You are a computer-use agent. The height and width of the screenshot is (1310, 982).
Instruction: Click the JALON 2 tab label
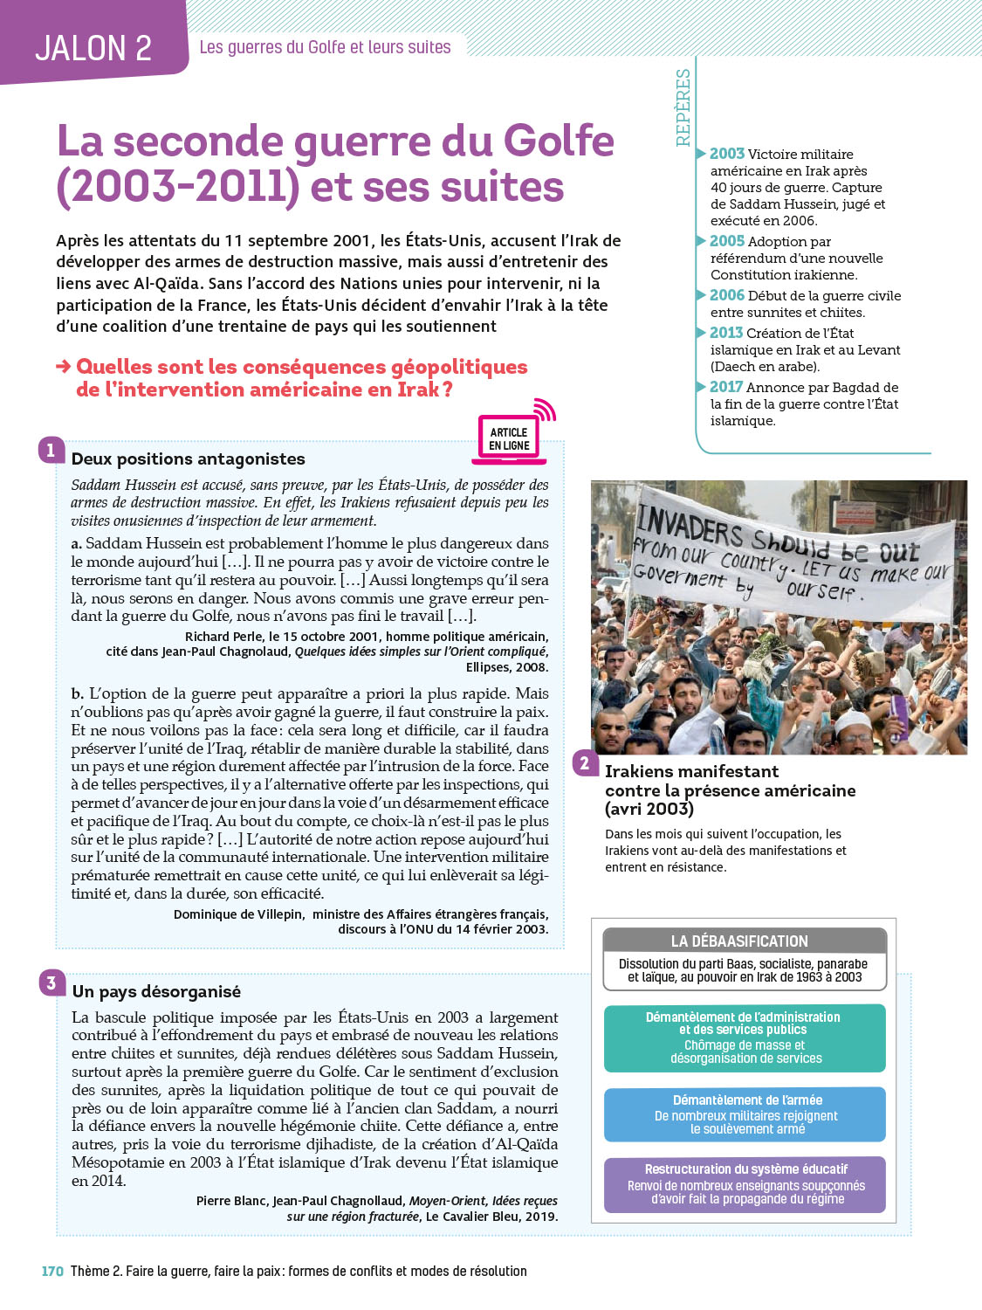93,48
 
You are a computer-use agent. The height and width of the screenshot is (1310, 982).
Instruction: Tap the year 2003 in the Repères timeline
726,154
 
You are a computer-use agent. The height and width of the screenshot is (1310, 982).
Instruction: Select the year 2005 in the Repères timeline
726,241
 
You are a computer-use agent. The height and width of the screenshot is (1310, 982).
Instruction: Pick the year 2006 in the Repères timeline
726,295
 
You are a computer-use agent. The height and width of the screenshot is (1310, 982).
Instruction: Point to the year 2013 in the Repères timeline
725,333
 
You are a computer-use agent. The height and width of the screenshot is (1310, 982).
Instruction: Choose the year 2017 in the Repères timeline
725,387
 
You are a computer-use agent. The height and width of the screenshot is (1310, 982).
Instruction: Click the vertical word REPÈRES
683,107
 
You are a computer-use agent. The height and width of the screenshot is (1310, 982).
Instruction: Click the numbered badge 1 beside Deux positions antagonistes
51,451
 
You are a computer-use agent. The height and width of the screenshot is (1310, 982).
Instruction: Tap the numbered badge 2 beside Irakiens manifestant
584,763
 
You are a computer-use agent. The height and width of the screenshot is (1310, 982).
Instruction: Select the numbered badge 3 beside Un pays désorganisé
52,982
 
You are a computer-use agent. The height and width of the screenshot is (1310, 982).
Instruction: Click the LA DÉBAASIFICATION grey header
744,941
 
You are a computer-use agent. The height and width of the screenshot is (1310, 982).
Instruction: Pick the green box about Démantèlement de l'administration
744,1038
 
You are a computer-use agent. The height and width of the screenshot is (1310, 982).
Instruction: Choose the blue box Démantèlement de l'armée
744,1113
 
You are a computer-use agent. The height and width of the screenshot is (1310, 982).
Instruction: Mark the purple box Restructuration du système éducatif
744,1184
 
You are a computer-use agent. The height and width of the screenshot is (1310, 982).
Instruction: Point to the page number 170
52,1272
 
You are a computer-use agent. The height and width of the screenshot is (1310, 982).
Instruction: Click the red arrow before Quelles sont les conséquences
64,367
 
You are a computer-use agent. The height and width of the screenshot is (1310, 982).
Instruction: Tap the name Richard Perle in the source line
223,637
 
